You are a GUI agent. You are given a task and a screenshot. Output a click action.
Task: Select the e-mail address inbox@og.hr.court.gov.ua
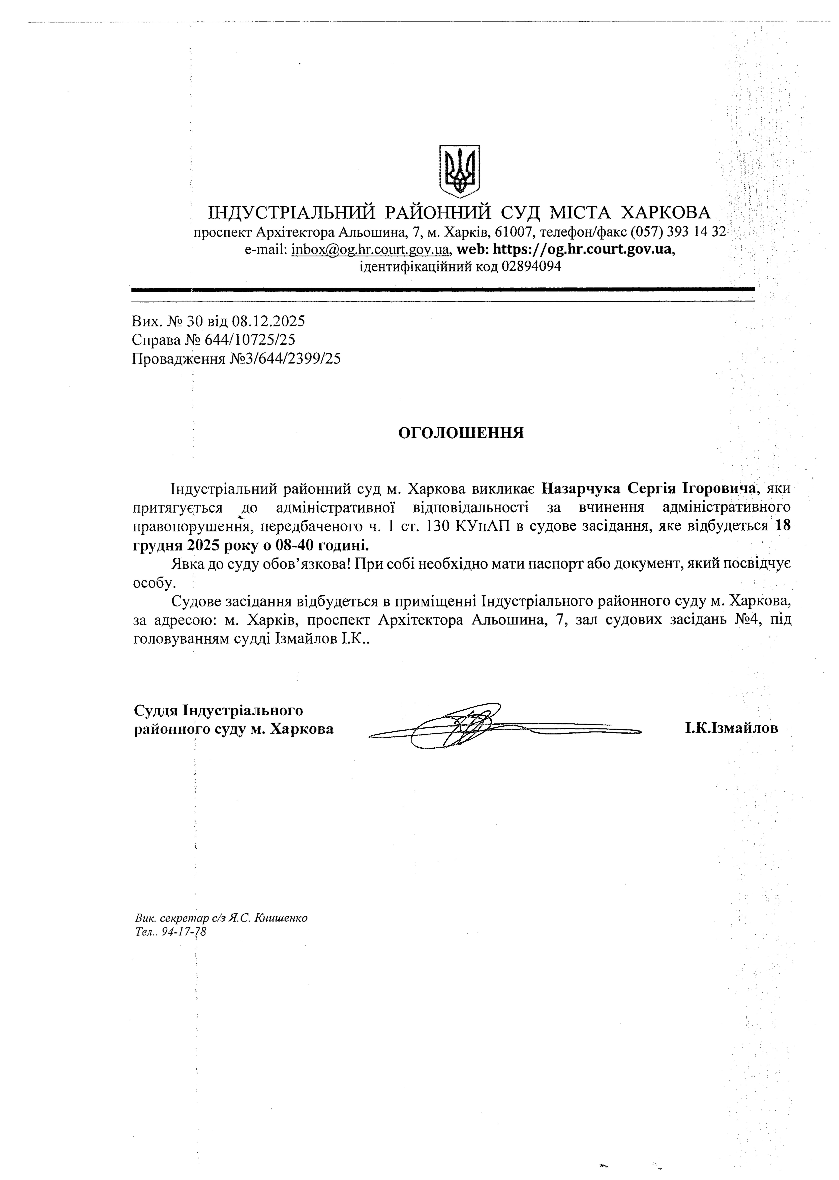coord(370,249)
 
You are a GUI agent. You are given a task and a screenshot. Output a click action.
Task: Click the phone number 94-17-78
coord(184,931)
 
